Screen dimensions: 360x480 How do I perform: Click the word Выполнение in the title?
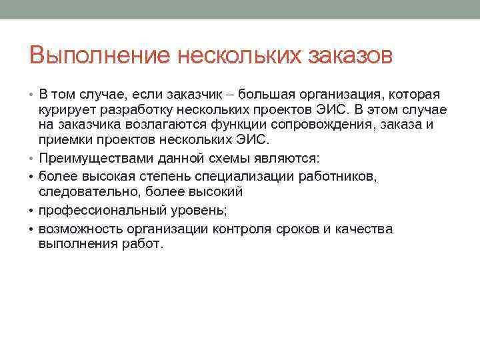(100, 55)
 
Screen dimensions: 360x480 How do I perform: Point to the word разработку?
(133, 110)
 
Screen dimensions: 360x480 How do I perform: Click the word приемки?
(66, 140)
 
